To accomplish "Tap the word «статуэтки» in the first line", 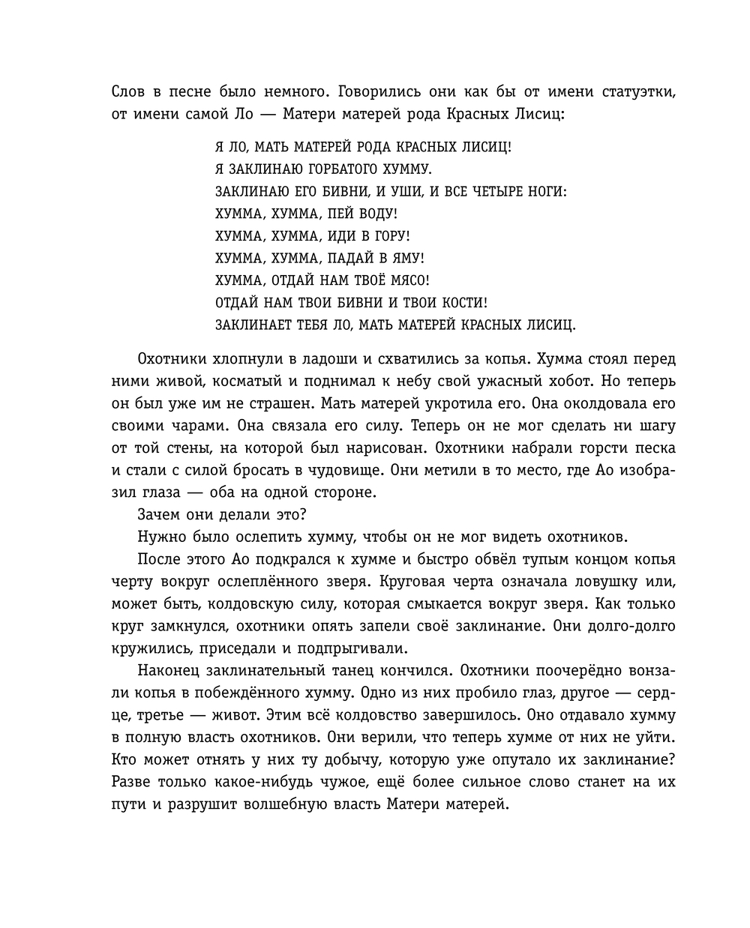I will click(x=637, y=93).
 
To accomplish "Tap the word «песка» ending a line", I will click(x=655, y=448).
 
